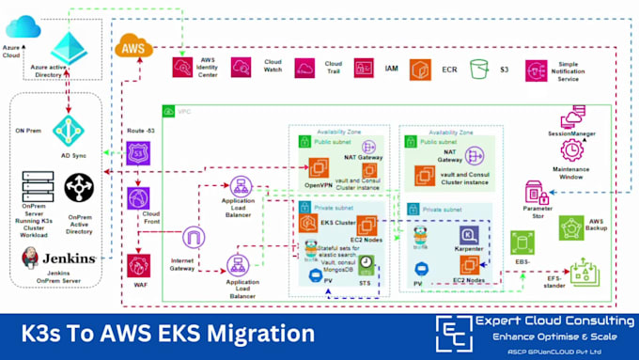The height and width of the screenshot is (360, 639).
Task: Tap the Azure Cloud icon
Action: pyautogui.click(x=23, y=27)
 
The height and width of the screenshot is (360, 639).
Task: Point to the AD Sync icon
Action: pyautogui.click(x=69, y=132)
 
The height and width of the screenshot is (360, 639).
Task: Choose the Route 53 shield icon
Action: pyautogui.click(x=139, y=153)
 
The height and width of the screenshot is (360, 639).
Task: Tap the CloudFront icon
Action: pyautogui.click(x=139, y=199)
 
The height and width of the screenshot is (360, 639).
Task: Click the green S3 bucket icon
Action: pyautogui.click(x=479, y=69)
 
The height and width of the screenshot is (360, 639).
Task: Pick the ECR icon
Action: pyautogui.click(x=424, y=69)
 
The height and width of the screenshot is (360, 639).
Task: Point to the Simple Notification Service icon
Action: pyautogui.click(x=536, y=69)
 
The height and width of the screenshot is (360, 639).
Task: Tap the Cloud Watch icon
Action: pyautogui.click(x=241, y=68)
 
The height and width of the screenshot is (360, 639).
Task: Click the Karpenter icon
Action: pyautogui.click(x=467, y=236)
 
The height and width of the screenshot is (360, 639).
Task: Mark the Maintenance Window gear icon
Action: pyautogui.click(x=571, y=149)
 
